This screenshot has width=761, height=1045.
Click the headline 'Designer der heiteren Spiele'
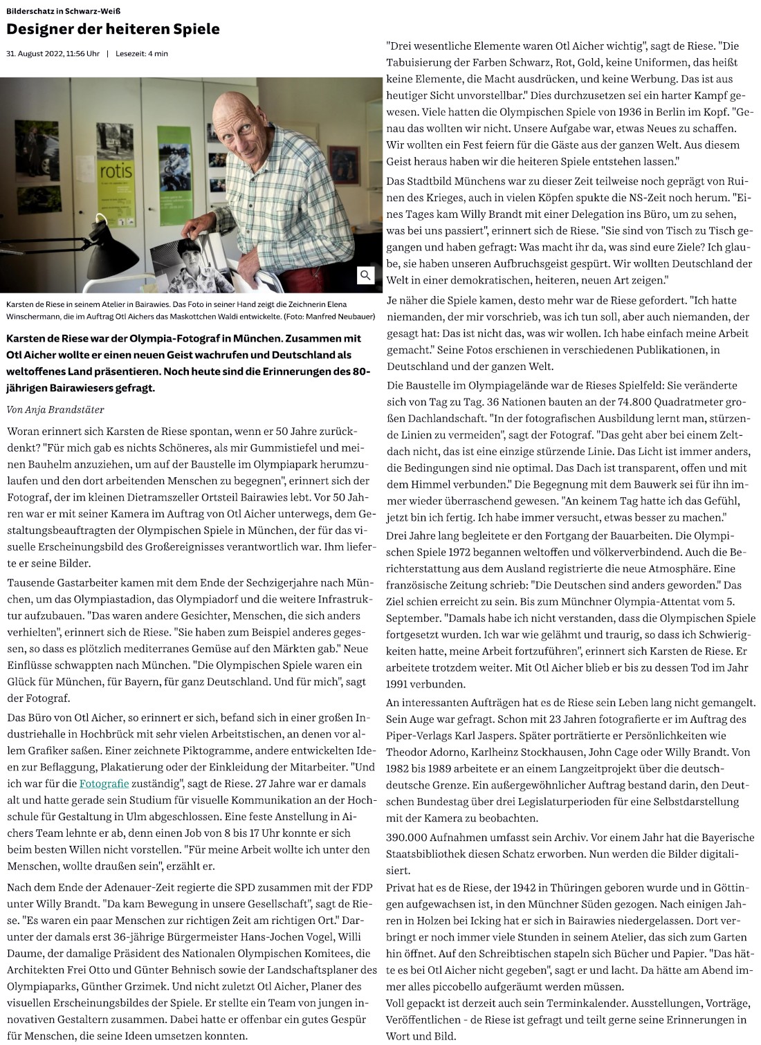click(x=113, y=29)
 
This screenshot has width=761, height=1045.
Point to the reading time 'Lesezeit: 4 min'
click(x=142, y=53)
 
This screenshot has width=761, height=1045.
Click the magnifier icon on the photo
click(x=365, y=275)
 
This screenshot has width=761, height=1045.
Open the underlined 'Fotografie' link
click(x=104, y=784)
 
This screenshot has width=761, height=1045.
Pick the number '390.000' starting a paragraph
click(x=408, y=837)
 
